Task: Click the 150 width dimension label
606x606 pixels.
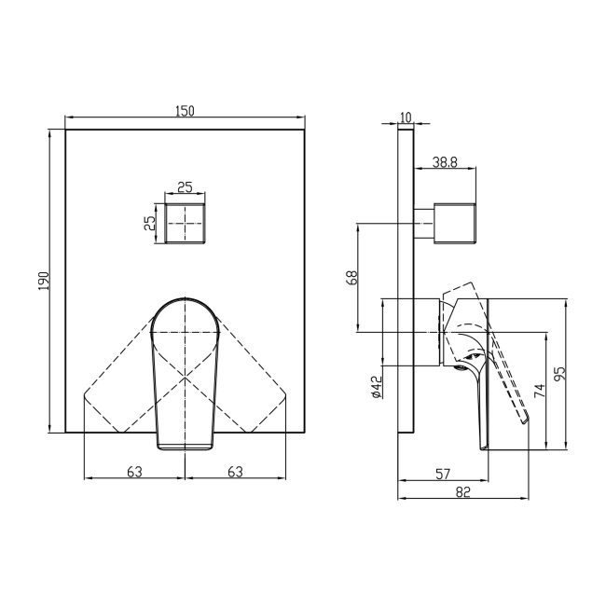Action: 185,111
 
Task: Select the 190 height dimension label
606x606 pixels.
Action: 44,281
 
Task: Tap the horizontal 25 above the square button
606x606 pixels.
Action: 185,187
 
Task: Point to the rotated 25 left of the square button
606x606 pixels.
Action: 147,224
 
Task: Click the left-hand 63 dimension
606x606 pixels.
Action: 134,472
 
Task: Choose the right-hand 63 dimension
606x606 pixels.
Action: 235,472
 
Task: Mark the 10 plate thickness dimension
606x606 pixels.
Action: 405,117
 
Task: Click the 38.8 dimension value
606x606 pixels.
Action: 446,162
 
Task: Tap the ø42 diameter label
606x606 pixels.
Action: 376,388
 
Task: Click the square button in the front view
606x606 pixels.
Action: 185,224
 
